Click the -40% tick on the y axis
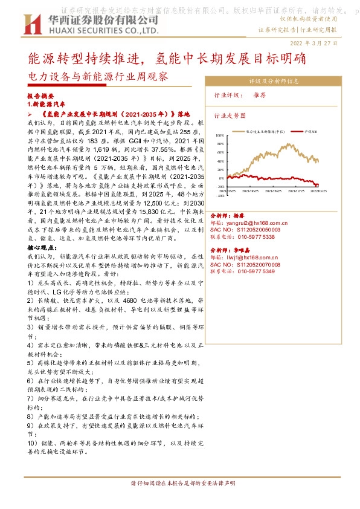pyautogui.click(x=220, y=195)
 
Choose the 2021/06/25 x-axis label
pyautogui.click(x=249, y=190)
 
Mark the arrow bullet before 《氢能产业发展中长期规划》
pyautogui.click(x=31, y=114)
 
